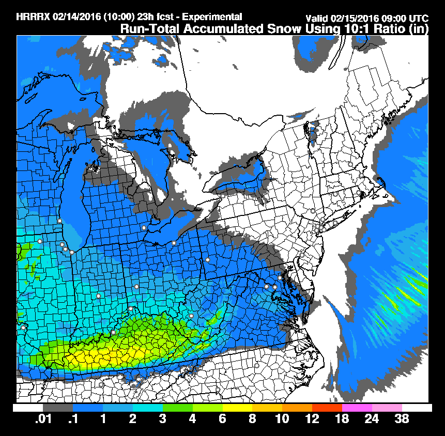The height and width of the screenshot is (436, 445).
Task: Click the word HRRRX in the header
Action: pyautogui.click(x=32, y=17)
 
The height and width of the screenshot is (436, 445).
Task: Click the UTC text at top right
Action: pyautogui.click(x=418, y=19)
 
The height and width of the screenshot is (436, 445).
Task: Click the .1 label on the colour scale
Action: pyautogui.click(x=73, y=419)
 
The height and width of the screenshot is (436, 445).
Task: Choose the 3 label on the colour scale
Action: pyautogui.click(x=162, y=419)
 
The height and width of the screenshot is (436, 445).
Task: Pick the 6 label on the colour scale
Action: pyautogui.click(x=222, y=419)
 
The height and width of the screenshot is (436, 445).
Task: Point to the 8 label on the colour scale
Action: pyautogui.click(x=252, y=419)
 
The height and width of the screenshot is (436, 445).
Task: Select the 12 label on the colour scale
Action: pyautogui.click(x=312, y=419)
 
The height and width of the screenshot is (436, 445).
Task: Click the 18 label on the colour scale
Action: pyautogui.click(x=342, y=419)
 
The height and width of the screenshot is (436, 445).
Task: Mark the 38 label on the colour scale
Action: pyautogui.click(x=402, y=419)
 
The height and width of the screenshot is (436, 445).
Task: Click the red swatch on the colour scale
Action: pyautogui.click(x=327, y=408)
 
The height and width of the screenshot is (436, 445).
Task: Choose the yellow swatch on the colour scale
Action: pyautogui.click(x=237, y=408)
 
